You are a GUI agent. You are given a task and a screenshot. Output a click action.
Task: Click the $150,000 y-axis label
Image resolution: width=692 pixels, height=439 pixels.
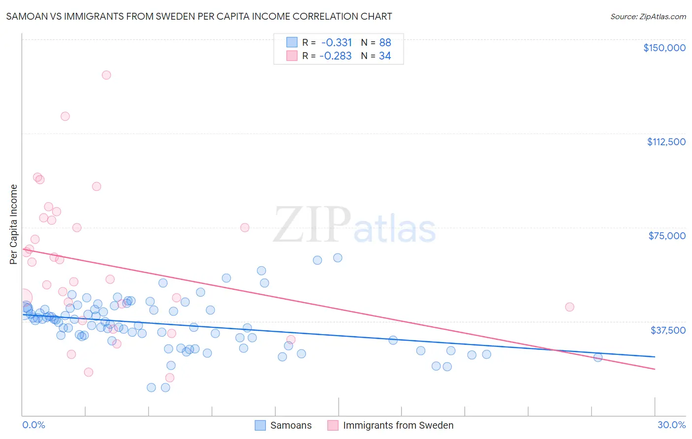point(664,48)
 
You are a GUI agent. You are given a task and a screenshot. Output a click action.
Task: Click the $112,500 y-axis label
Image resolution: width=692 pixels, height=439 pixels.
point(666,142)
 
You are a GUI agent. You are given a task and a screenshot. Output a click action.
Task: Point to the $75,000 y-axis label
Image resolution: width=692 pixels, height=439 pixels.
point(667,236)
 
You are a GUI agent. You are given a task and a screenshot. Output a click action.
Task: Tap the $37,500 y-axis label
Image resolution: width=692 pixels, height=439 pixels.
point(668,330)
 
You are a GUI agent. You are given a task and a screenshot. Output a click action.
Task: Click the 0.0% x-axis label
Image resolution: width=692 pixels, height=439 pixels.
point(33,425)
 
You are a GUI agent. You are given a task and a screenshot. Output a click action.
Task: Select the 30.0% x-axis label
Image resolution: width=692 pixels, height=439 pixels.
point(671,425)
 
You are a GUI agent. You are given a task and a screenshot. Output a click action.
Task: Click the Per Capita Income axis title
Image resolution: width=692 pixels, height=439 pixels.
point(13,224)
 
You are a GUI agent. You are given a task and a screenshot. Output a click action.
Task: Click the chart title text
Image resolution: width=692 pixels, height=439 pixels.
point(199,16)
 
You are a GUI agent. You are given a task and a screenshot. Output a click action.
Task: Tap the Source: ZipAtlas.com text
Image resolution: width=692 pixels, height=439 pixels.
point(648,16)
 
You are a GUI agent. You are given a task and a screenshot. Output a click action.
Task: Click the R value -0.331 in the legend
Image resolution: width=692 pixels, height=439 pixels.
point(336,43)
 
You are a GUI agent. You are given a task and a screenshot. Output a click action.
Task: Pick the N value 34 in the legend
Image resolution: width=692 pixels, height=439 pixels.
point(385,56)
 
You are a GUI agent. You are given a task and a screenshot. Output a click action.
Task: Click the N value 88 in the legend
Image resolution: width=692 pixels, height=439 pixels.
point(385,43)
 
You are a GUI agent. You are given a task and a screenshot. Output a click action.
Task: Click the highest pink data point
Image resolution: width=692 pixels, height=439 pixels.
point(106,75)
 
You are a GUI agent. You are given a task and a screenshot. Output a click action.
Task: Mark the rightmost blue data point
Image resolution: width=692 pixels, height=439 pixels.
point(598,357)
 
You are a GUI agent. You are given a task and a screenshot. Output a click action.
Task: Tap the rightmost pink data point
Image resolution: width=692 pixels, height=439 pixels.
point(569,307)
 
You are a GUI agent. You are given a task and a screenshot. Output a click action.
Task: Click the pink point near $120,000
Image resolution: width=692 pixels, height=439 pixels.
point(65,117)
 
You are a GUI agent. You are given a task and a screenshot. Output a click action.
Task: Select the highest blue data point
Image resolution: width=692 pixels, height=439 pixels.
point(338,258)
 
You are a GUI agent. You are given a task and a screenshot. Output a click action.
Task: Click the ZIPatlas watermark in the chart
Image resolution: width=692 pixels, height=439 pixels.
point(354,225)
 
